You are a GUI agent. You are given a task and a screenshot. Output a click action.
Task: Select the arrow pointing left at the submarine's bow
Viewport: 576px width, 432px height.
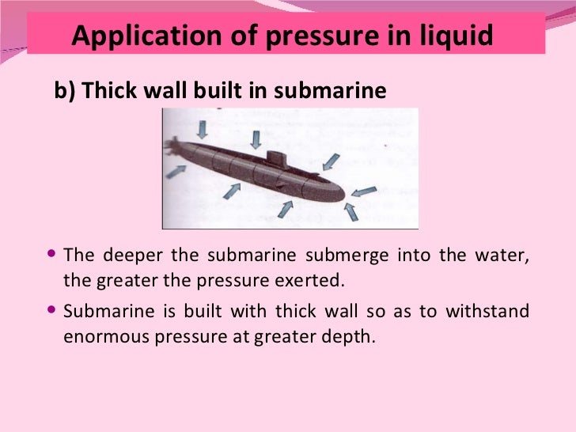364,191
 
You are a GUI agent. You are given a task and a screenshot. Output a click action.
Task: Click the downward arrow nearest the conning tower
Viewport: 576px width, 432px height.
255,140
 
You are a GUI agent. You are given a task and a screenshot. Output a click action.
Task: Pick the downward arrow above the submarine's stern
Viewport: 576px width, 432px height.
202,128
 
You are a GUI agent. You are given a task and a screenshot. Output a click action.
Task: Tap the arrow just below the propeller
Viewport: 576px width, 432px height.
176,171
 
